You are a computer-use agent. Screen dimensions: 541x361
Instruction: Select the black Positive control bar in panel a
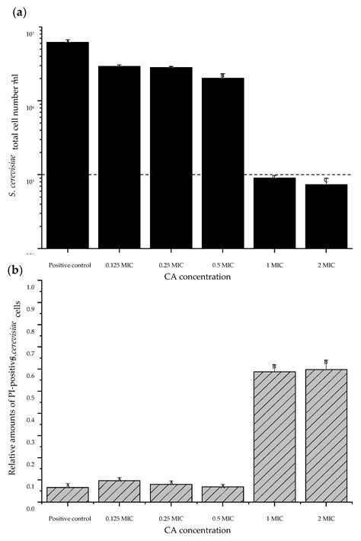[68, 145]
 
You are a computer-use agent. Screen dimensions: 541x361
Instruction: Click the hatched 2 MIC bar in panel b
[326, 435]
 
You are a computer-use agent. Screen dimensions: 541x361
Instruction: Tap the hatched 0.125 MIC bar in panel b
[119, 491]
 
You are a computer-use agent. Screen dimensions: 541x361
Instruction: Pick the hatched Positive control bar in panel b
[68, 494]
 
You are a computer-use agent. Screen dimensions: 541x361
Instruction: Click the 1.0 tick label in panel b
[32, 287]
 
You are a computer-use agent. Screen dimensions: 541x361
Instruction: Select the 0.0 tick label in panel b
[32, 507]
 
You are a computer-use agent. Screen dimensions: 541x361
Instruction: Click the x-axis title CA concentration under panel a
[197, 277]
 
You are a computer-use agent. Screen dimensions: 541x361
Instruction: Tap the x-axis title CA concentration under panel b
[197, 530]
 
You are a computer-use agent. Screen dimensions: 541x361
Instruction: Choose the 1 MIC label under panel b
[274, 518]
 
